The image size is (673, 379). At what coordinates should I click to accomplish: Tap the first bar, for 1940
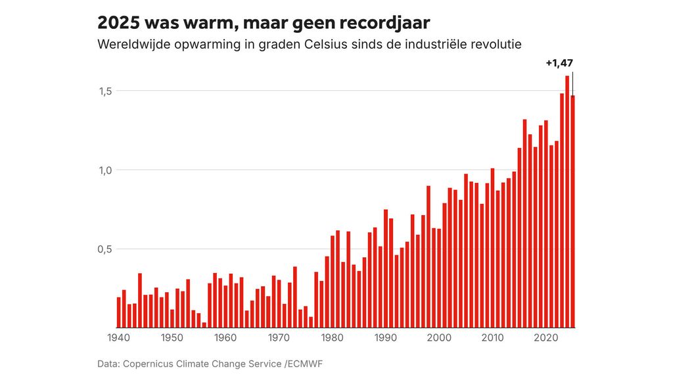(119, 313)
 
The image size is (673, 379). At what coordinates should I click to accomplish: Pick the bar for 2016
(524, 223)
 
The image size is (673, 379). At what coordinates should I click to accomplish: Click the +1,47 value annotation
(559, 64)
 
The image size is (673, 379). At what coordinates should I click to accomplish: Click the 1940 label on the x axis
(118, 338)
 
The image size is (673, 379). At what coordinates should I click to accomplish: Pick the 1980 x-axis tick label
(332, 338)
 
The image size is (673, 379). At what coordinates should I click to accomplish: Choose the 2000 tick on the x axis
(439, 338)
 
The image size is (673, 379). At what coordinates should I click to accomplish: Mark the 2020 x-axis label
(545, 338)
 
